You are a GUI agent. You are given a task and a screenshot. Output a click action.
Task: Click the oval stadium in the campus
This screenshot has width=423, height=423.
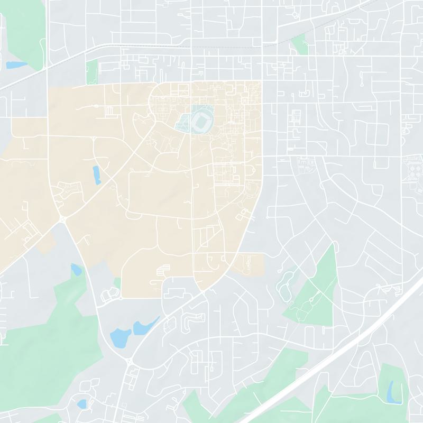201,121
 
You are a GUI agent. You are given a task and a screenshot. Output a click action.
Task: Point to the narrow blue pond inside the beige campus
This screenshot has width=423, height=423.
96,175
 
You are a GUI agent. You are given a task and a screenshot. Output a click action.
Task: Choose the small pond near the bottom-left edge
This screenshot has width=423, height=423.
81,404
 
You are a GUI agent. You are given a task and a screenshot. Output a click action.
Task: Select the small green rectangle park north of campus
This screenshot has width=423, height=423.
92,71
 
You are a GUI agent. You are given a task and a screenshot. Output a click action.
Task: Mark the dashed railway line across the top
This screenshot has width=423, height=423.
212,47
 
